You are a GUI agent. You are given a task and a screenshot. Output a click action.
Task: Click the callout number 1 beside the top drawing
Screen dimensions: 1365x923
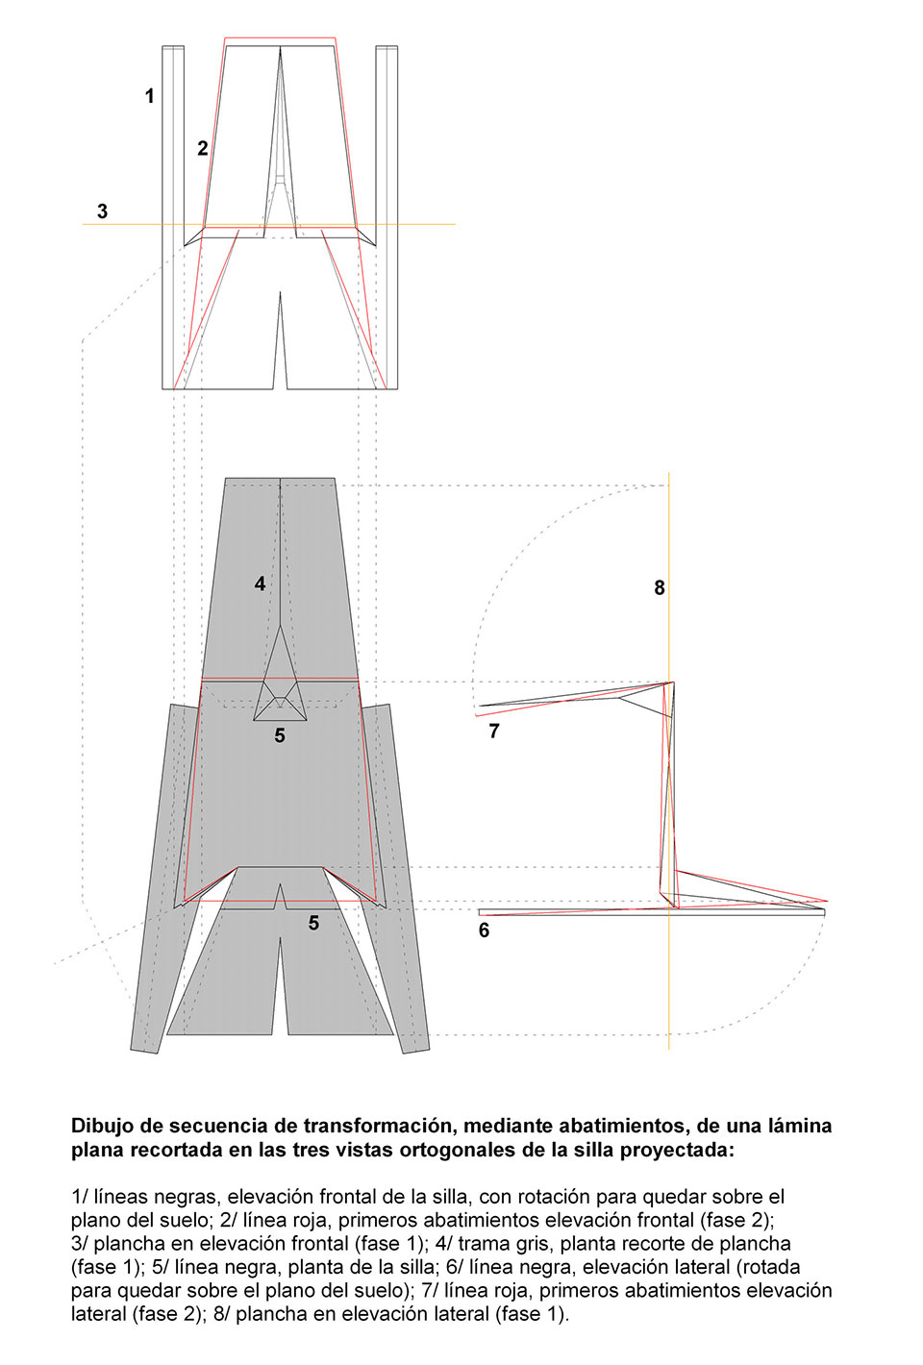[x=149, y=96]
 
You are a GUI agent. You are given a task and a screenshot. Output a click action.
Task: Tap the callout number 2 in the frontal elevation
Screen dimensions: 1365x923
[x=203, y=148]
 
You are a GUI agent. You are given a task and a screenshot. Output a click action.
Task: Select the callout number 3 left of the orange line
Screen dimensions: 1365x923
[x=103, y=211]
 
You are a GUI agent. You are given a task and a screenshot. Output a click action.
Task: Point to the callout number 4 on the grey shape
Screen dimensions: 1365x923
[x=260, y=583]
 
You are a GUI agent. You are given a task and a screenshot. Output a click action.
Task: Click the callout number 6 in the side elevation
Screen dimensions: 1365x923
[x=484, y=931]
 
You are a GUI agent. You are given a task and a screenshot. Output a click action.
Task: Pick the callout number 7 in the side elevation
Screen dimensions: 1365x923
[x=494, y=732]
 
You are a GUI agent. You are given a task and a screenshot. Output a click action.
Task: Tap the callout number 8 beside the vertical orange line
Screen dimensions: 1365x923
[x=660, y=587]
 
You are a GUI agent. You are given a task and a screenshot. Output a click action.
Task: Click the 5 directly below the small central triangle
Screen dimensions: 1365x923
[x=280, y=735]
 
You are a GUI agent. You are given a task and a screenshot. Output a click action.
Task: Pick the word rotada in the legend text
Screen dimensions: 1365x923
[x=769, y=1267]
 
